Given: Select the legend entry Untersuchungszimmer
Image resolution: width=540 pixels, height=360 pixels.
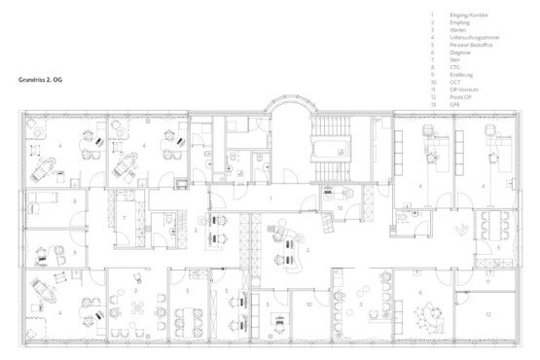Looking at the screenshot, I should tap(475, 35).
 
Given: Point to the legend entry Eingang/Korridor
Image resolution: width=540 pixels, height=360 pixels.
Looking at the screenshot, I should tap(469, 16).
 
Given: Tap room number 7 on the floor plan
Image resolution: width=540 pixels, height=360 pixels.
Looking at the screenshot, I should tap(125, 216).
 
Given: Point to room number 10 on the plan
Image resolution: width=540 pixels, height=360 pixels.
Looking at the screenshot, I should tap(307, 305).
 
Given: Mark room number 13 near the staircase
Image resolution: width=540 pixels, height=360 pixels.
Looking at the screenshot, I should tap(341, 207).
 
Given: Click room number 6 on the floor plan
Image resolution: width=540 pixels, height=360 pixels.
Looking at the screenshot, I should tap(420, 292).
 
